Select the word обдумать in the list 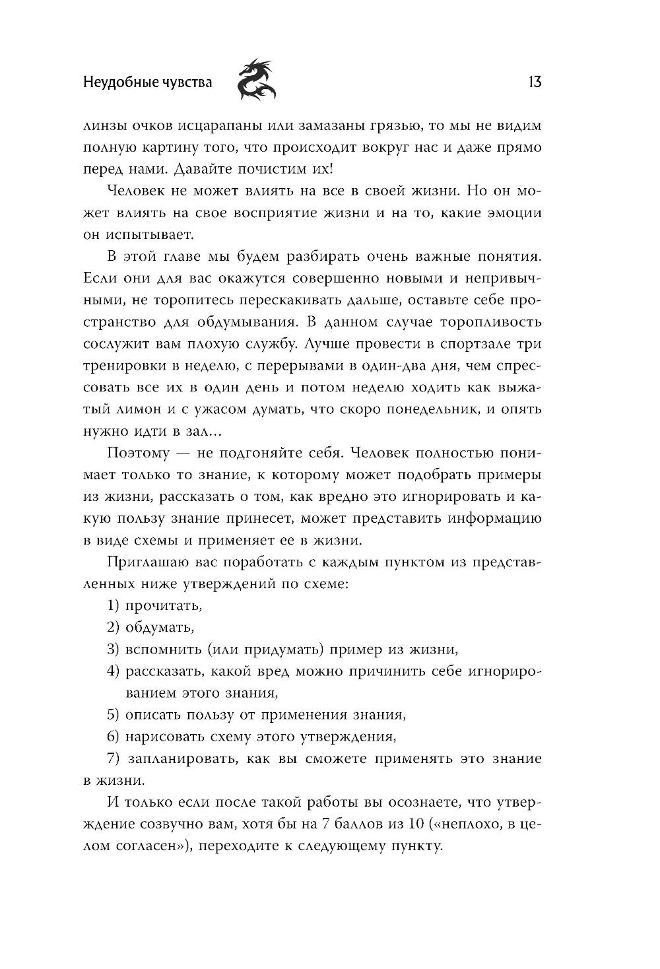[x=159, y=627]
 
